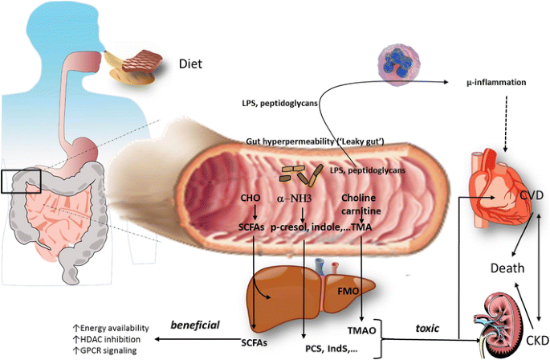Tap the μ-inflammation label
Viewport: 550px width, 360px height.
[497, 82]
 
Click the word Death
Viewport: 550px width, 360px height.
[507, 268]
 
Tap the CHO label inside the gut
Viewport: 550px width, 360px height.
[251, 197]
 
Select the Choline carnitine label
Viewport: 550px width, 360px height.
[359, 203]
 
